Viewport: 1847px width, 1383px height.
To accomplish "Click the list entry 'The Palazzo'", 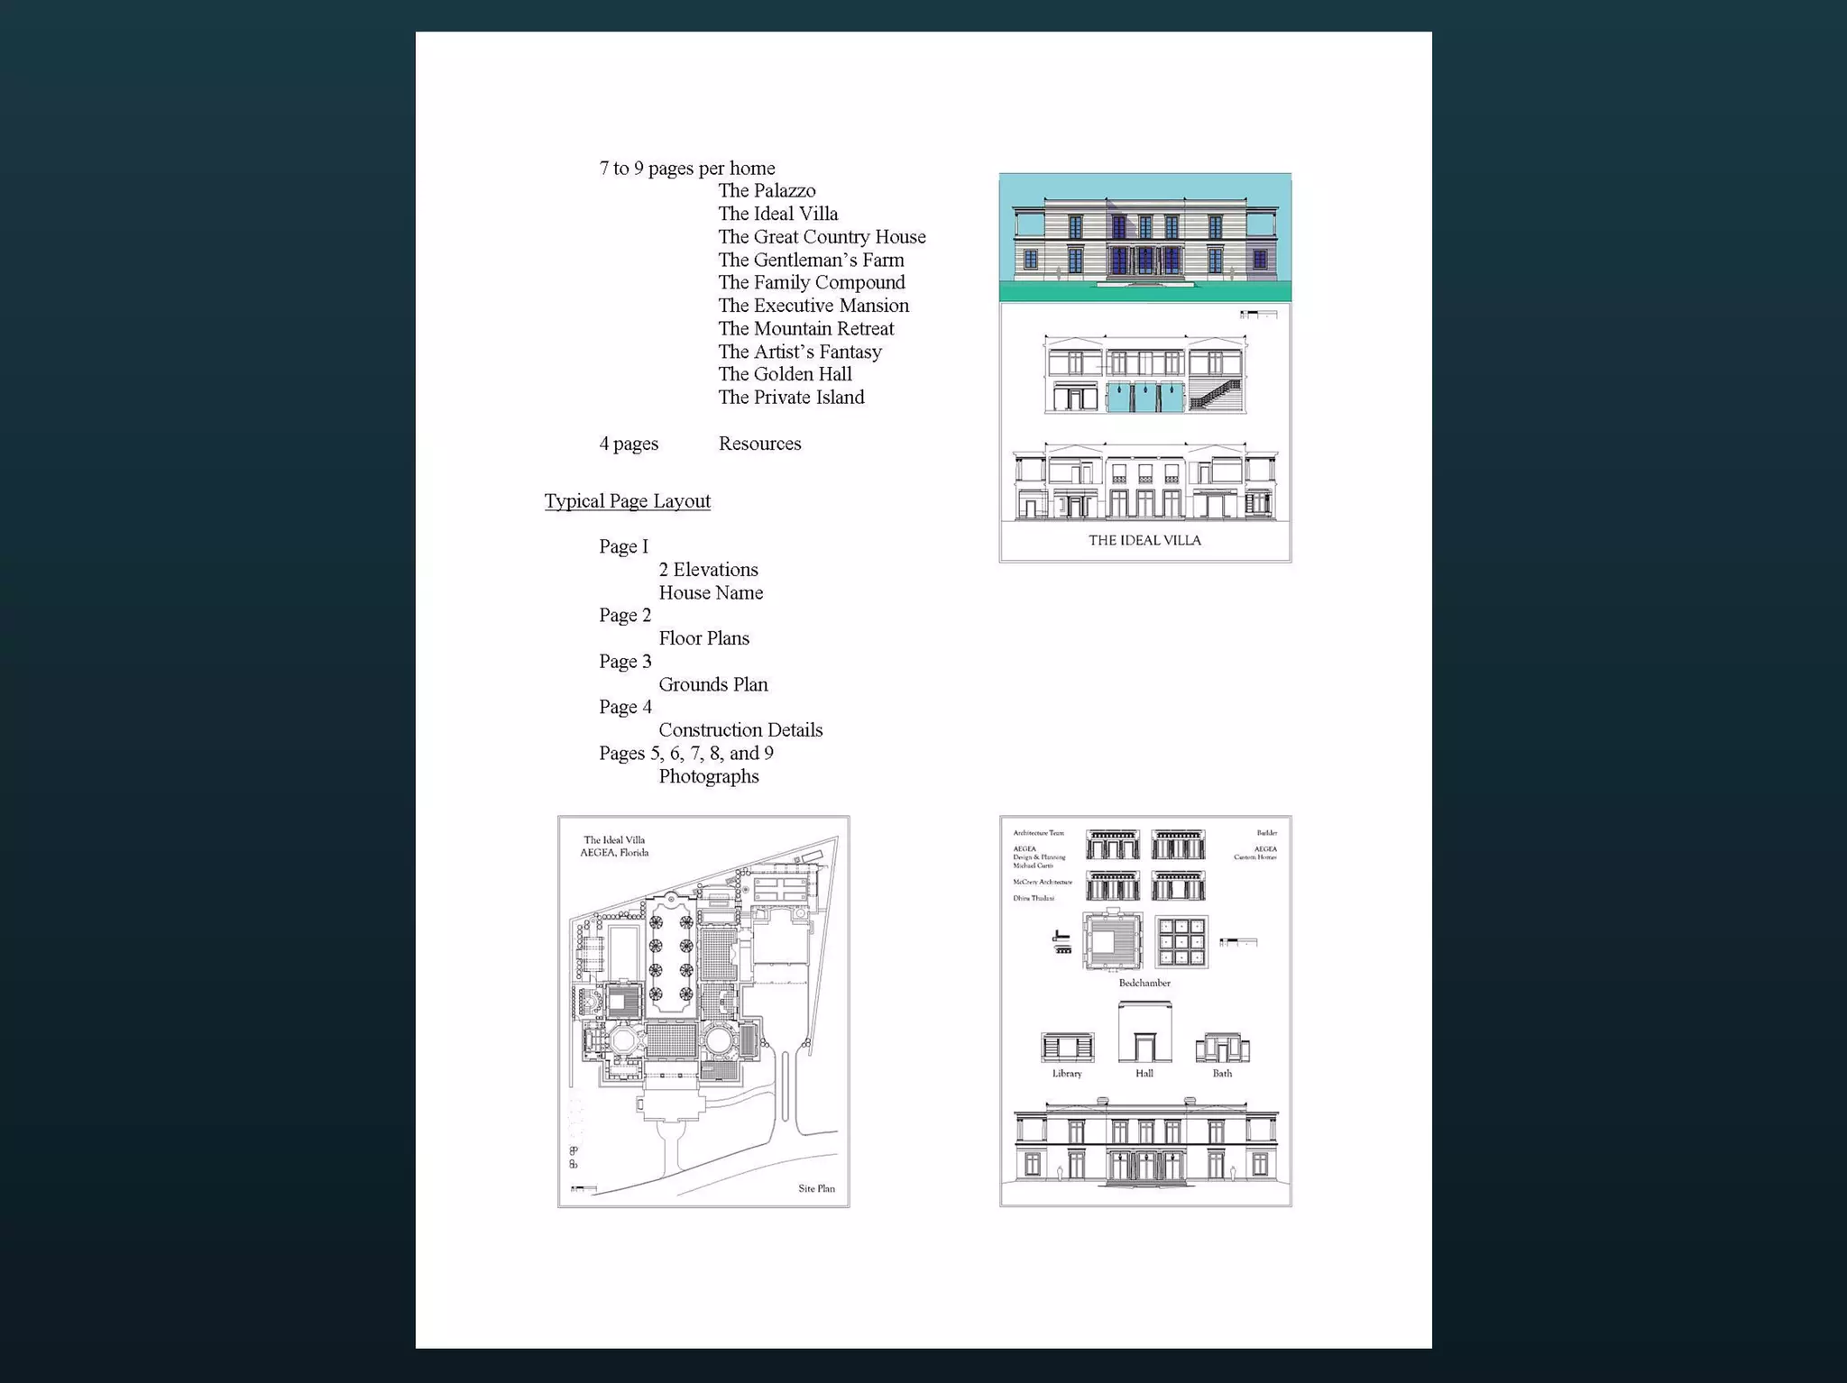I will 767,191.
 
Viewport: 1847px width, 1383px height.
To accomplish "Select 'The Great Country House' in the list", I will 822,237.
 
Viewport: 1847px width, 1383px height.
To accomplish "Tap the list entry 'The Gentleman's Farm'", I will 811,261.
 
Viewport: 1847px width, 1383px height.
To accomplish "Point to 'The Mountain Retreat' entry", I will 805,329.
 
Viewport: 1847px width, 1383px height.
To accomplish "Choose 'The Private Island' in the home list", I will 791,398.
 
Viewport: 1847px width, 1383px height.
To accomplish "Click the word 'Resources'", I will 759,444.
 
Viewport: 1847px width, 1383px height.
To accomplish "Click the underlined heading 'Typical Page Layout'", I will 627,501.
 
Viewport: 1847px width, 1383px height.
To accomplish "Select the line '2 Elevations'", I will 708,570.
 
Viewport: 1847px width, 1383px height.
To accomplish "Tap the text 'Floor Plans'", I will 703,638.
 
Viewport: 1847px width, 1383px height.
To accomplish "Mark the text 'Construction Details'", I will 740,730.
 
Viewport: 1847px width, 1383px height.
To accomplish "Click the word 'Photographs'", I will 708,776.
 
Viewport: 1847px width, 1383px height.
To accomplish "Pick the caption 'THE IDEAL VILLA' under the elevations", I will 1144,540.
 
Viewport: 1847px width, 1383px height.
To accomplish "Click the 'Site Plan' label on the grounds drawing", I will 816,1188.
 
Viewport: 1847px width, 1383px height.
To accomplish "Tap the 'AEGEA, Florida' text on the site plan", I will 614,853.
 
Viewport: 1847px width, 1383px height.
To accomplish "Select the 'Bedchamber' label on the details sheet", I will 1144,983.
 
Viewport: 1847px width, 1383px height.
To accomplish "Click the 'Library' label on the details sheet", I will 1067,1074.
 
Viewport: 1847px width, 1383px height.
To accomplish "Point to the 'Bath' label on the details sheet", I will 1222,1074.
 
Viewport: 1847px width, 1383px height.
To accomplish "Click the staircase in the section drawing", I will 1216,395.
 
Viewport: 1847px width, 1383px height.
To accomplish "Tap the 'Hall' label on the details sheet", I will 1144,1074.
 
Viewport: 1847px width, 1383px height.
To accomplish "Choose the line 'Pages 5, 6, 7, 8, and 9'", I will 685,754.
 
